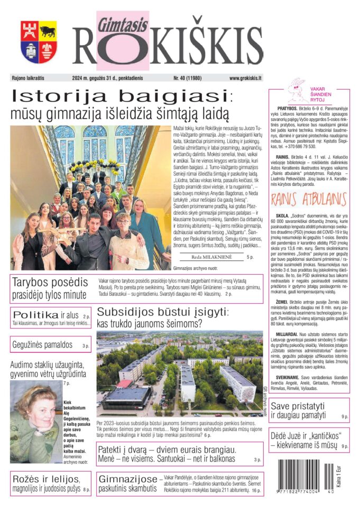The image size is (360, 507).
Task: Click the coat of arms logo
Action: point(39,42)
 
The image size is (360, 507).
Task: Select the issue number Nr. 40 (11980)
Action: point(189,78)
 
